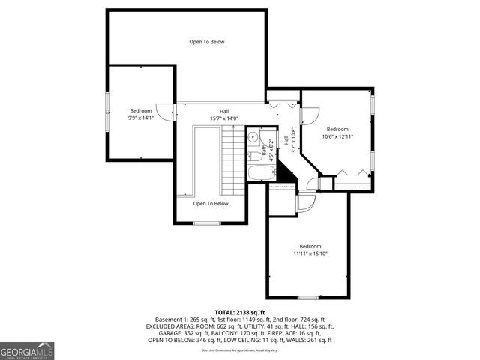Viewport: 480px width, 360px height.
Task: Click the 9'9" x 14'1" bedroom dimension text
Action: [140, 118]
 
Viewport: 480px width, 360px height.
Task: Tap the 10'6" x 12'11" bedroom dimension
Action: [337, 136]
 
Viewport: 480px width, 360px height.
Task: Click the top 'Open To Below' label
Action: [206, 42]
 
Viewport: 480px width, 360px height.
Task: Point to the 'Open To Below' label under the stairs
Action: [211, 204]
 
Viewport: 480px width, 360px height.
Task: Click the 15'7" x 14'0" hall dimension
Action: [223, 118]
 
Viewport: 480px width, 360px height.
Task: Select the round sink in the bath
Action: [253, 137]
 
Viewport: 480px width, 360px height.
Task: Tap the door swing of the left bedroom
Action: [166, 111]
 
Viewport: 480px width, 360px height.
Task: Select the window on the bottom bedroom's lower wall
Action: [309, 298]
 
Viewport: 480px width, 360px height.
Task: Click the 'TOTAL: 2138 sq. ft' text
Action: [240, 312]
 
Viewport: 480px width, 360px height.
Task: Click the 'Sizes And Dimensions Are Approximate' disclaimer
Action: [240, 349]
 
